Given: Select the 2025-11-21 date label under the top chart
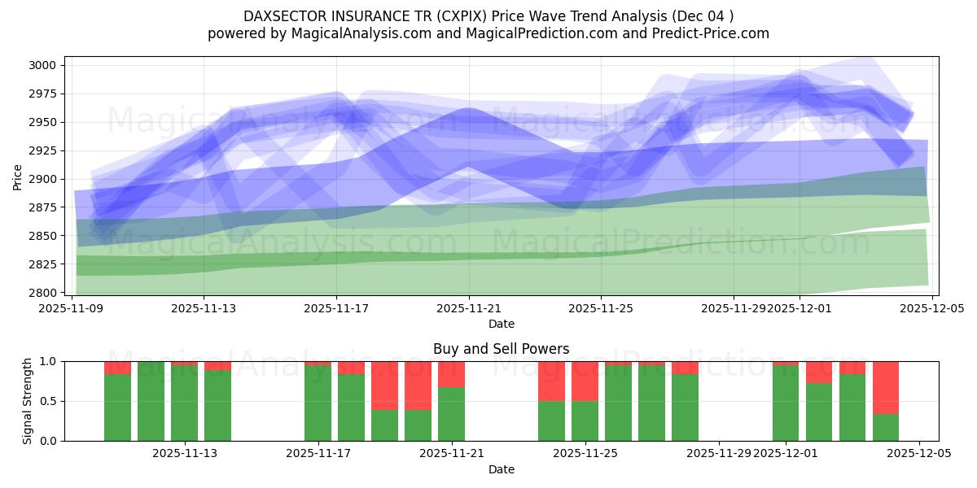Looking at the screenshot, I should pyautogui.click(x=469, y=308).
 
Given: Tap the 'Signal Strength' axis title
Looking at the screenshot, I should pyautogui.click(x=28, y=401).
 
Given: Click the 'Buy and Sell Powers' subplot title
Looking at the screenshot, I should pyautogui.click(x=501, y=349).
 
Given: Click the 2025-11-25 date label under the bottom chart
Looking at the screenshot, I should pyautogui.click(x=585, y=454).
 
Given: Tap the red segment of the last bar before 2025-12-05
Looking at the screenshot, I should pyautogui.click(x=885, y=387).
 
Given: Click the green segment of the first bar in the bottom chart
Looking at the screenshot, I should pyautogui.click(x=117, y=407).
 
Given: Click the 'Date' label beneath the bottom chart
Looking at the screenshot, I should pyautogui.click(x=501, y=469).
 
